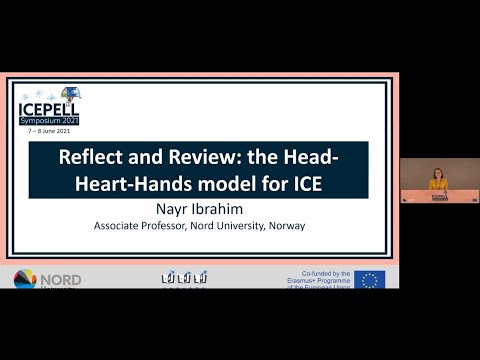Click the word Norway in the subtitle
click(x=287, y=226)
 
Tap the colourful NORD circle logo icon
click(x=25, y=280)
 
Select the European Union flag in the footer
click(x=369, y=280)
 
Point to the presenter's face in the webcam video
click(x=438, y=172)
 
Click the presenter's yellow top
click(x=438, y=185)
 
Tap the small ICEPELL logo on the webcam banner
click(x=438, y=197)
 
